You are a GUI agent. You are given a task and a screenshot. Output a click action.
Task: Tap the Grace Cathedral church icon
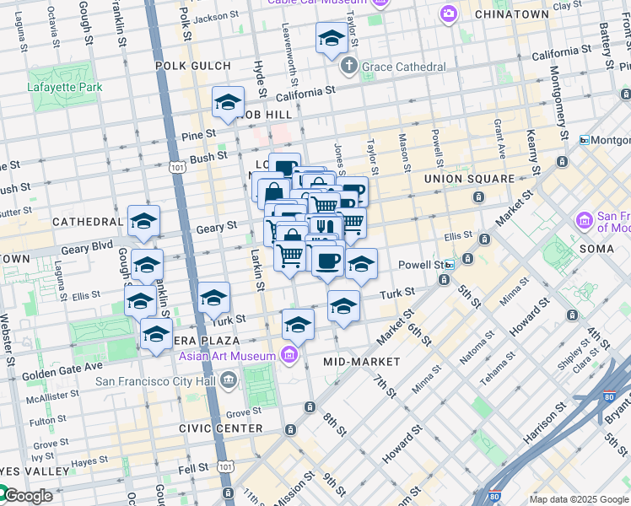[348, 67]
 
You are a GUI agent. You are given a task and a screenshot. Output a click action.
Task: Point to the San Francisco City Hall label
[160, 381]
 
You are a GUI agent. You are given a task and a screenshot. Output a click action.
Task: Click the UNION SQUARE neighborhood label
[469, 179]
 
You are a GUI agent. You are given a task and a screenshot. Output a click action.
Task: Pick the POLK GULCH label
[192, 66]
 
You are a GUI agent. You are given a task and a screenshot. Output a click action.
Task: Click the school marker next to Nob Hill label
[228, 103]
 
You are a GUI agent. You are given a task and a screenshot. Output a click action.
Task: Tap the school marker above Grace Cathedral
[332, 39]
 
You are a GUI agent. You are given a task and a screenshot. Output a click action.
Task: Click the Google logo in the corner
[27, 496]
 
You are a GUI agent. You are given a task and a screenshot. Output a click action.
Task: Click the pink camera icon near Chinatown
[449, 13]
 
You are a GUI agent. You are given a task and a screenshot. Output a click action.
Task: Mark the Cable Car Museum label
[317, 3]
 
